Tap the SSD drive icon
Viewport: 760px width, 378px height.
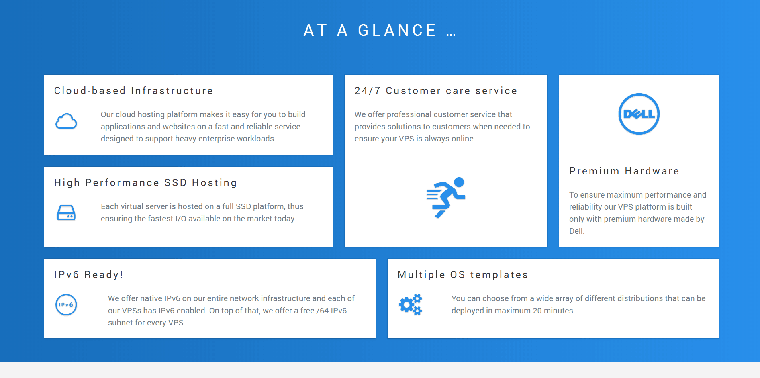click(x=66, y=212)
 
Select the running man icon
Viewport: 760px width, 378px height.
click(x=446, y=197)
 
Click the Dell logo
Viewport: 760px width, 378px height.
click(x=639, y=114)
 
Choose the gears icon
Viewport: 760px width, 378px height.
click(x=411, y=304)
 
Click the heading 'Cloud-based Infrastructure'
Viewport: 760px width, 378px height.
click(x=133, y=91)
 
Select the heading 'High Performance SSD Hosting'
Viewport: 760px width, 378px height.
click(x=145, y=183)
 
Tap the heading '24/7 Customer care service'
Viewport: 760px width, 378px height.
click(x=436, y=91)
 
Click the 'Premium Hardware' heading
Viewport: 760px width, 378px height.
click(x=624, y=171)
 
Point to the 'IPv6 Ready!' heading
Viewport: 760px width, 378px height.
click(x=88, y=275)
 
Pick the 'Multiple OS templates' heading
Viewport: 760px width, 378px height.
click(x=463, y=275)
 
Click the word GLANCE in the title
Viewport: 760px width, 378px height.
click(x=397, y=31)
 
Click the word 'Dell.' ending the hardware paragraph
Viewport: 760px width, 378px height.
click(x=577, y=231)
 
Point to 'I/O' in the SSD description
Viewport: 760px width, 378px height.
click(x=181, y=219)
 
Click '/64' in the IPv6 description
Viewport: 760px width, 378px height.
click(x=323, y=311)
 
